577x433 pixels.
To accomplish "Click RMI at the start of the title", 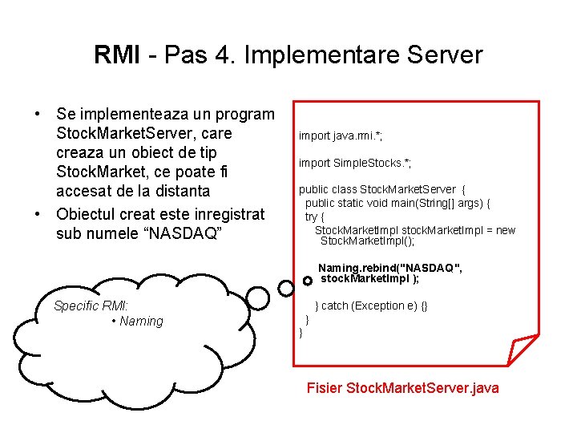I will pyautogui.click(x=117, y=55).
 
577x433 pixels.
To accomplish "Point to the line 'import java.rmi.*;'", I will pyautogui.click(x=345, y=136).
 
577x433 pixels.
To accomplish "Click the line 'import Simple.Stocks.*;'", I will pyautogui.click(x=354, y=163).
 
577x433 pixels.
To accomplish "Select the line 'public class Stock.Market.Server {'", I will pyautogui.click(x=381, y=189).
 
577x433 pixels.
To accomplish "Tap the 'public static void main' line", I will pyautogui.click(x=397, y=203).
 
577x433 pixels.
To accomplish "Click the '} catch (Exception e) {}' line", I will pyautogui.click(x=371, y=306).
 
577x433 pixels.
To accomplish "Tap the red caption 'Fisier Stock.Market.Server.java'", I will pyautogui.click(x=402, y=388).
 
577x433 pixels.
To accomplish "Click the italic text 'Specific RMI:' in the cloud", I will pyautogui.click(x=91, y=306).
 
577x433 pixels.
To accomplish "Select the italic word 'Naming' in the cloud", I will pyautogui.click(x=140, y=322).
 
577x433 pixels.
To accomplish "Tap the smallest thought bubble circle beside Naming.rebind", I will pyautogui.click(x=308, y=281).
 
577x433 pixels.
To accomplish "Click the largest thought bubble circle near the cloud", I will pyautogui.click(x=257, y=298).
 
